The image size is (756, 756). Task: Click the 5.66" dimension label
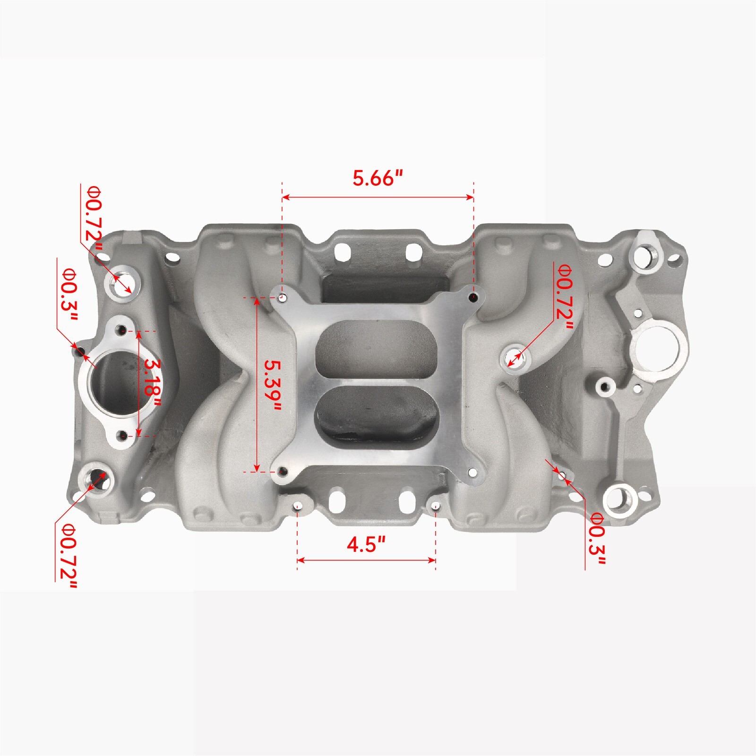pyautogui.click(x=378, y=179)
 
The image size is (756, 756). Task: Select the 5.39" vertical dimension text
pyautogui.click(x=272, y=385)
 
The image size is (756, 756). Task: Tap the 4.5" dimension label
pyautogui.click(x=366, y=544)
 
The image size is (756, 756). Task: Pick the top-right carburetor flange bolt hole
pyautogui.click(x=474, y=297)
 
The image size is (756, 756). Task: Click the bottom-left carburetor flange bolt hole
pyautogui.click(x=283, y=472)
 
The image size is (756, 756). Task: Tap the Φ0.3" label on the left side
pyautogui.click(x=69, y=295)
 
